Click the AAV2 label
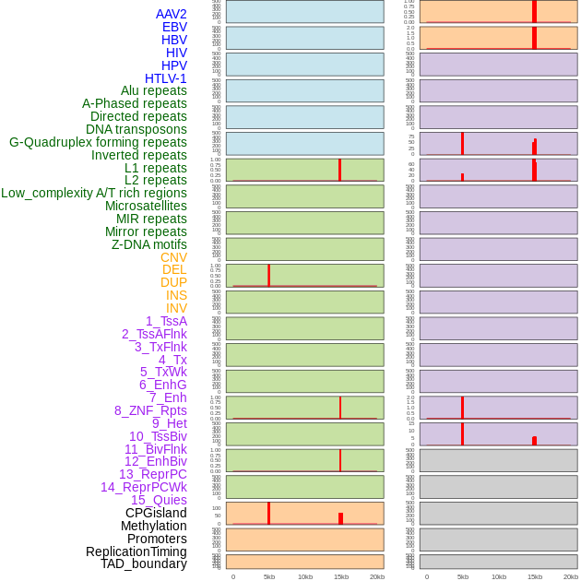coord(171,14)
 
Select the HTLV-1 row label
coord(165,78)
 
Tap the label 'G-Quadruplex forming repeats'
coord(98,142)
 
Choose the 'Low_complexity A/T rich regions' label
coord(93,193)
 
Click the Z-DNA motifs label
coord(148,244)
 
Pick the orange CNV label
coord(173,257)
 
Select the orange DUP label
coord(173,282)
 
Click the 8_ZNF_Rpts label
coord(150,410)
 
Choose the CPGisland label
coord(156,513)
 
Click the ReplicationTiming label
coord(136,551)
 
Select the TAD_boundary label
coord(143,563)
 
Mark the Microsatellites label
coord(146,206)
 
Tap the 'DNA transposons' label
coord(136,129)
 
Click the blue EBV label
coord(174,27)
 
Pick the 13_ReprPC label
coord(152,474)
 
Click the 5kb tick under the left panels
coord(269,576)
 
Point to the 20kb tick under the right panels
coord(571,576)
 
